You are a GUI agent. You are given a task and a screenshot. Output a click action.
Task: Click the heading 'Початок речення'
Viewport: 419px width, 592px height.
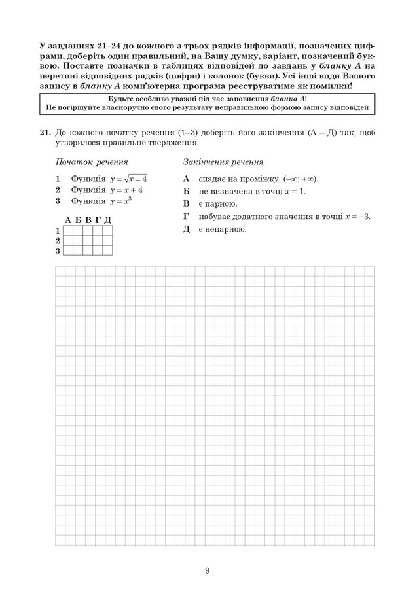pos(91,162)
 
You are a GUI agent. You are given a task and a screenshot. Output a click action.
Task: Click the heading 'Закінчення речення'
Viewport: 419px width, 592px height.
pos(223,162)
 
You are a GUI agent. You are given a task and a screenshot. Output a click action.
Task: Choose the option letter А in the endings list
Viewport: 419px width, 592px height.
pos(186,179)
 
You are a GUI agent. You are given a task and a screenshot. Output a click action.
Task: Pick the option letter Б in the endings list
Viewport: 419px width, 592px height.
pos(186,191)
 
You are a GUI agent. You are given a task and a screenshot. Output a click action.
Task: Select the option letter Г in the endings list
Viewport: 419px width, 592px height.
pos(186,217)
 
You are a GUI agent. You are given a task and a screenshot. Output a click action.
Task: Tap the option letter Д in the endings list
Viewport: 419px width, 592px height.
pos(186,229)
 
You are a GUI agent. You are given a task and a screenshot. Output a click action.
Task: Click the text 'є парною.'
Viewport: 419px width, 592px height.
pos(219,204)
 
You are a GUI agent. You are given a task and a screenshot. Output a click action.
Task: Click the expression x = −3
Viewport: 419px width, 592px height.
pos(356,217)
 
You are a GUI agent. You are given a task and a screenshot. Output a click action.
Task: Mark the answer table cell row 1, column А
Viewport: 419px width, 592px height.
pos(69,230)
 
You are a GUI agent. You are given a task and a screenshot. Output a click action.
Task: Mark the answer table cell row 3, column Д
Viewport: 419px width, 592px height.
pos(108,250)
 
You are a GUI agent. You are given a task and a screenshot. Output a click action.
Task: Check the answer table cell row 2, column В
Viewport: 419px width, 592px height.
pos(88,240)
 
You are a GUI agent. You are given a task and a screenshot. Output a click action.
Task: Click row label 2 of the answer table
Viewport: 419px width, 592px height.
pos(58,240)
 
